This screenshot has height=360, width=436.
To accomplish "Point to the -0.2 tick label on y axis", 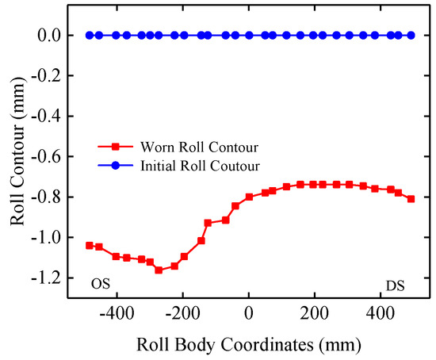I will [x=48, y=76].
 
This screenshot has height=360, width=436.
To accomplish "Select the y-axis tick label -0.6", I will [x=48, y=157].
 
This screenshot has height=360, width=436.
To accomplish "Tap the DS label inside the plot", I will [x=396, y=283].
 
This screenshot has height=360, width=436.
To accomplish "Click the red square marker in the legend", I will [x=116, y=147].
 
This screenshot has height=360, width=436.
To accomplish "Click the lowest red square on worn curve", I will [x=159, y=270].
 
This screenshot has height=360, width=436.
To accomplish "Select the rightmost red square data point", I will [x=411, y=199].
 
